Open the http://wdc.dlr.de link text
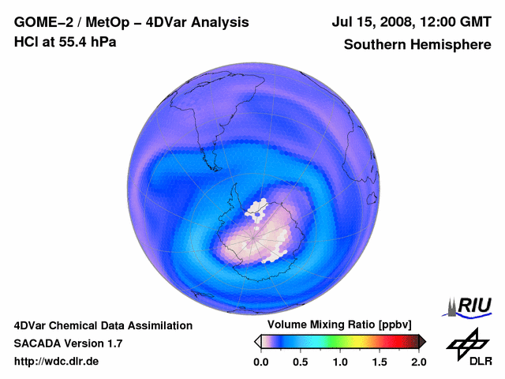[x=57, y=362]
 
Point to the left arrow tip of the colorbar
[x=256, y=341]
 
